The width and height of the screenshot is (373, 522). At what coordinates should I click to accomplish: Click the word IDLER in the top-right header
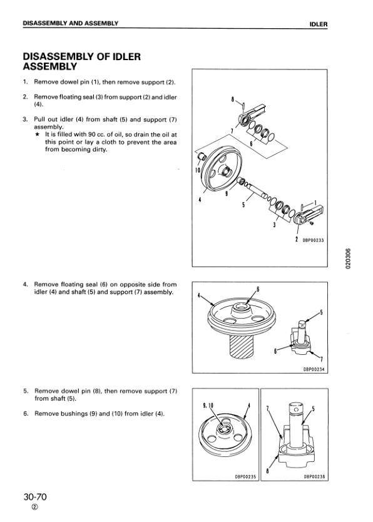point(319,24)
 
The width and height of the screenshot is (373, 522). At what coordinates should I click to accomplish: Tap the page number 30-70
point(35,497)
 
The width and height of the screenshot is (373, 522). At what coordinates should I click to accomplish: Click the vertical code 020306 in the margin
point(348,258)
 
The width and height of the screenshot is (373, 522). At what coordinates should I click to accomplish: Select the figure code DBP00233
point(313,240)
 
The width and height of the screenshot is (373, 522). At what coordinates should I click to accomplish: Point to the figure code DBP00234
point(314,369)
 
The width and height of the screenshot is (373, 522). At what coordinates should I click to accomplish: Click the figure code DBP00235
point(245,477)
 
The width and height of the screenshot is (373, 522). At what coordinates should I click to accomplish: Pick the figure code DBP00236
point(314,477)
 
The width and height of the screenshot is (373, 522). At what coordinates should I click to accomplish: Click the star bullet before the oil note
point(38,135)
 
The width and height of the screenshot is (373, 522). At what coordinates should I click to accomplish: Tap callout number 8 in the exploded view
point(232,99)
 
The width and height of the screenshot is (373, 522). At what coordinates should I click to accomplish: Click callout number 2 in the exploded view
point(296,239)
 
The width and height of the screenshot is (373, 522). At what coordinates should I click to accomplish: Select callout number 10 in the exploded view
point(197,170)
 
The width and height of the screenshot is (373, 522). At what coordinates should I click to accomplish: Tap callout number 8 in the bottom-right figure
point(267,471)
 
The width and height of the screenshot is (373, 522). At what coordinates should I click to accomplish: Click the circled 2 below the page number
point(34,508)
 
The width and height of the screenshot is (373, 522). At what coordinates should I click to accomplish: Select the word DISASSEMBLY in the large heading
point(58,56)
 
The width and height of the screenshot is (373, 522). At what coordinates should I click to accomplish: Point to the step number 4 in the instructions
point(25,285)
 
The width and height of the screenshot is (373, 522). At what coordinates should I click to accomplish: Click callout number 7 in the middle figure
point(321,359)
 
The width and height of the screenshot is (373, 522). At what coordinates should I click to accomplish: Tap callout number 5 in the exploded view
point(243,205)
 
